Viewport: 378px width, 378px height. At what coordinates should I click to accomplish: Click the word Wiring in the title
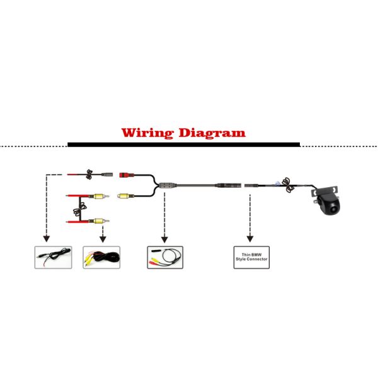click(x=147, y=133)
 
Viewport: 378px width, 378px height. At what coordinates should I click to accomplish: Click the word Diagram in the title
click(x=212, y=133)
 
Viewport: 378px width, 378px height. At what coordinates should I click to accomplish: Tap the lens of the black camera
click(x=333, y=209)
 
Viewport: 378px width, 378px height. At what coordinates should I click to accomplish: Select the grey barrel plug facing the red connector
click(x=107, y=175)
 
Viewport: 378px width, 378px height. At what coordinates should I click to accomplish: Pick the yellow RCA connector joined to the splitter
click(x=125, y=196)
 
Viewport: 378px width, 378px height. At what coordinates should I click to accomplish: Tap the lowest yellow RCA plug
click(x=99, y=221)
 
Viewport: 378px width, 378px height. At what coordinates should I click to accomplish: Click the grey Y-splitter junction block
click(x=168, y=186)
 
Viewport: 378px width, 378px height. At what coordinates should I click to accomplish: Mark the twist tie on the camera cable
click(x=289, y=185)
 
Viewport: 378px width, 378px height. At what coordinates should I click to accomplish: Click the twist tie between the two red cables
click(x=79, y=209)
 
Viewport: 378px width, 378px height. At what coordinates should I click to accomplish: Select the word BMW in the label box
click(x=256, y=255)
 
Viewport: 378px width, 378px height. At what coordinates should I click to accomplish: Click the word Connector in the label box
click(x=258, y=259)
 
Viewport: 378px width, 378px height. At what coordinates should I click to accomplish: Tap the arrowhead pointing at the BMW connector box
click(x=250, y=239)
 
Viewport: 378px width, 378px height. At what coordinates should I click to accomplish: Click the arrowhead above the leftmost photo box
click(x=47, y=239)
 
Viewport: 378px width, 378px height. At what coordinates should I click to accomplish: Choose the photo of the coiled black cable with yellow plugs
click(x=101, y=258)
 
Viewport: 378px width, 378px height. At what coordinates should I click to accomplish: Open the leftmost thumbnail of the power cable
click(x=54, y=258)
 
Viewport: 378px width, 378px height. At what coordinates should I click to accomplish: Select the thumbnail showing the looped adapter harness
click(x=165, y=258)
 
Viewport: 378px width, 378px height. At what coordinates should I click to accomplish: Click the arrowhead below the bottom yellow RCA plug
click(x=103, y=239)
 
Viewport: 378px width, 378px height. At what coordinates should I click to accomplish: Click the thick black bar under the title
click(x=184, y=145)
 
